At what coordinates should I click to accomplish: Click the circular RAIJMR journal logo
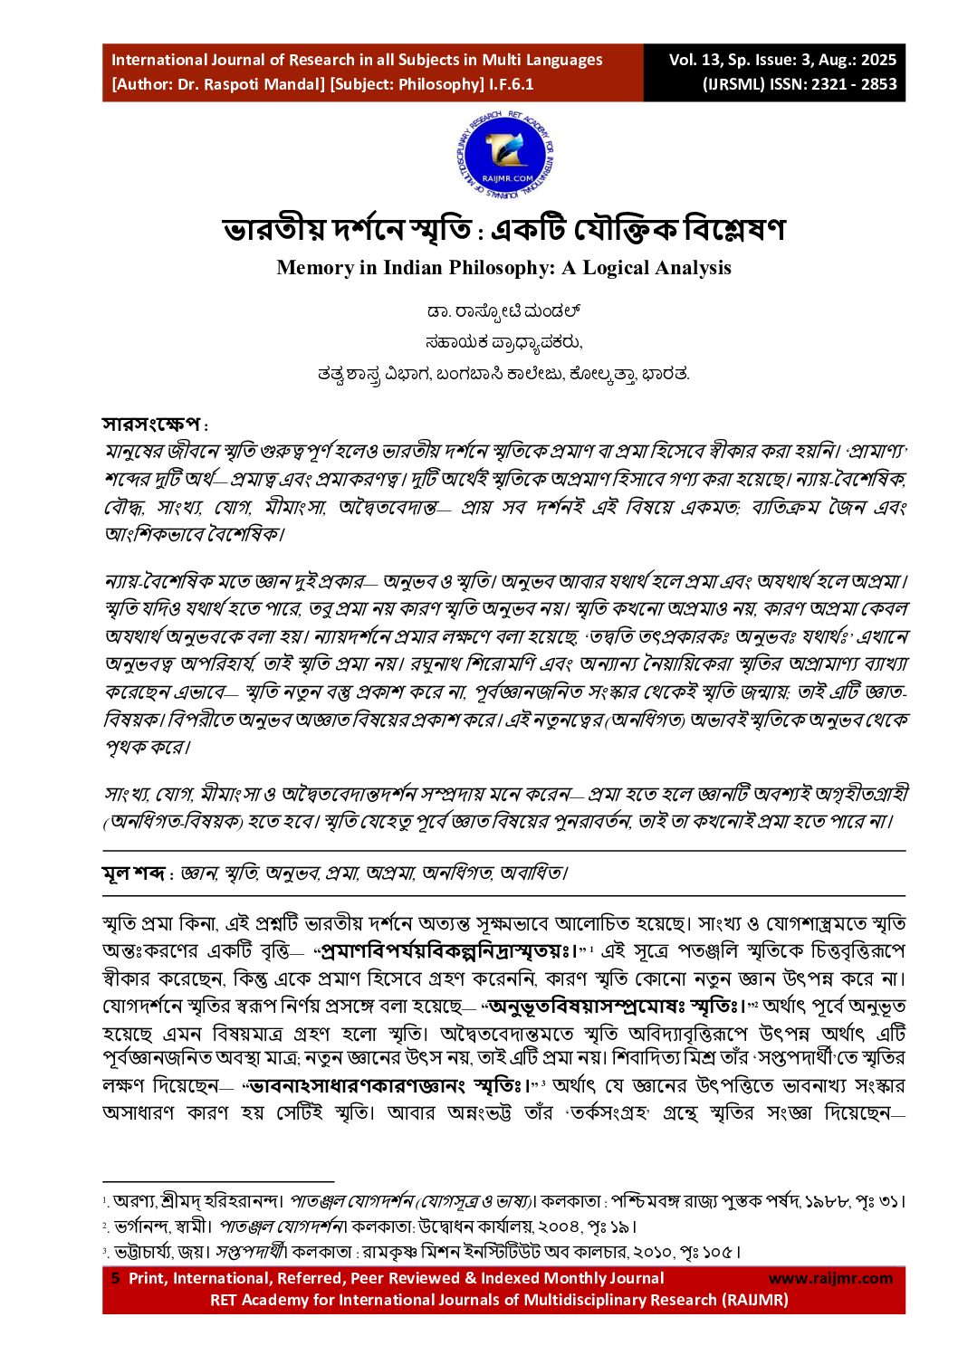[505, 157]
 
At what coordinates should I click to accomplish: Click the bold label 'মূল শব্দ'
[133, 873]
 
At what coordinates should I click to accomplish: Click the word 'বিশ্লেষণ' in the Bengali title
[733, 229]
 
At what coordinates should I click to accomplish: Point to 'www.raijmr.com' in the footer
[830, 1278]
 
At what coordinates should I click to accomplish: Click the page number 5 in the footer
[115, 1278]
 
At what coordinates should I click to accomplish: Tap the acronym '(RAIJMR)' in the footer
[754, 1300]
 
